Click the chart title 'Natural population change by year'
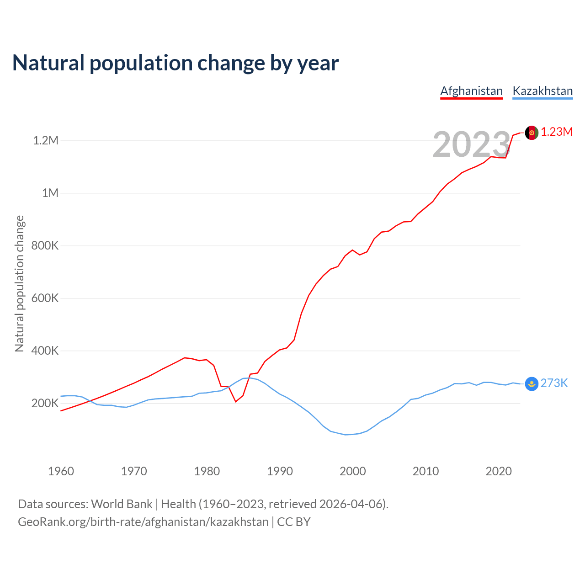coord(175,63)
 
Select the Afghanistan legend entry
coord(471,91)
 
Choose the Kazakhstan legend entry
coord(542,91)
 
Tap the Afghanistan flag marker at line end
coord(532,133)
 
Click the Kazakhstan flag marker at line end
coord(532,384)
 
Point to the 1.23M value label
coord(557,132)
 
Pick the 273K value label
coord(554,383)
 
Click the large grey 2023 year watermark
coord(471,144)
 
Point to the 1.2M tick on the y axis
coord(46,140)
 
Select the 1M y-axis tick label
coord(50,193)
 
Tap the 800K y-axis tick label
coord(45,245)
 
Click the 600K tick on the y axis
coord(45,298)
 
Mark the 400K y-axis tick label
coord(45,351)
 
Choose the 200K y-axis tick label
coord(45,403)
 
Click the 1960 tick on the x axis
coord(61,471)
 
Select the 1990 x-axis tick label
coord(280,471)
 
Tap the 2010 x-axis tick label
coord(425,471)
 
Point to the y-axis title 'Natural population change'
coord(20,284)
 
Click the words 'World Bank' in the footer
coord(122,504)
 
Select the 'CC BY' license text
coord(294,522)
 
